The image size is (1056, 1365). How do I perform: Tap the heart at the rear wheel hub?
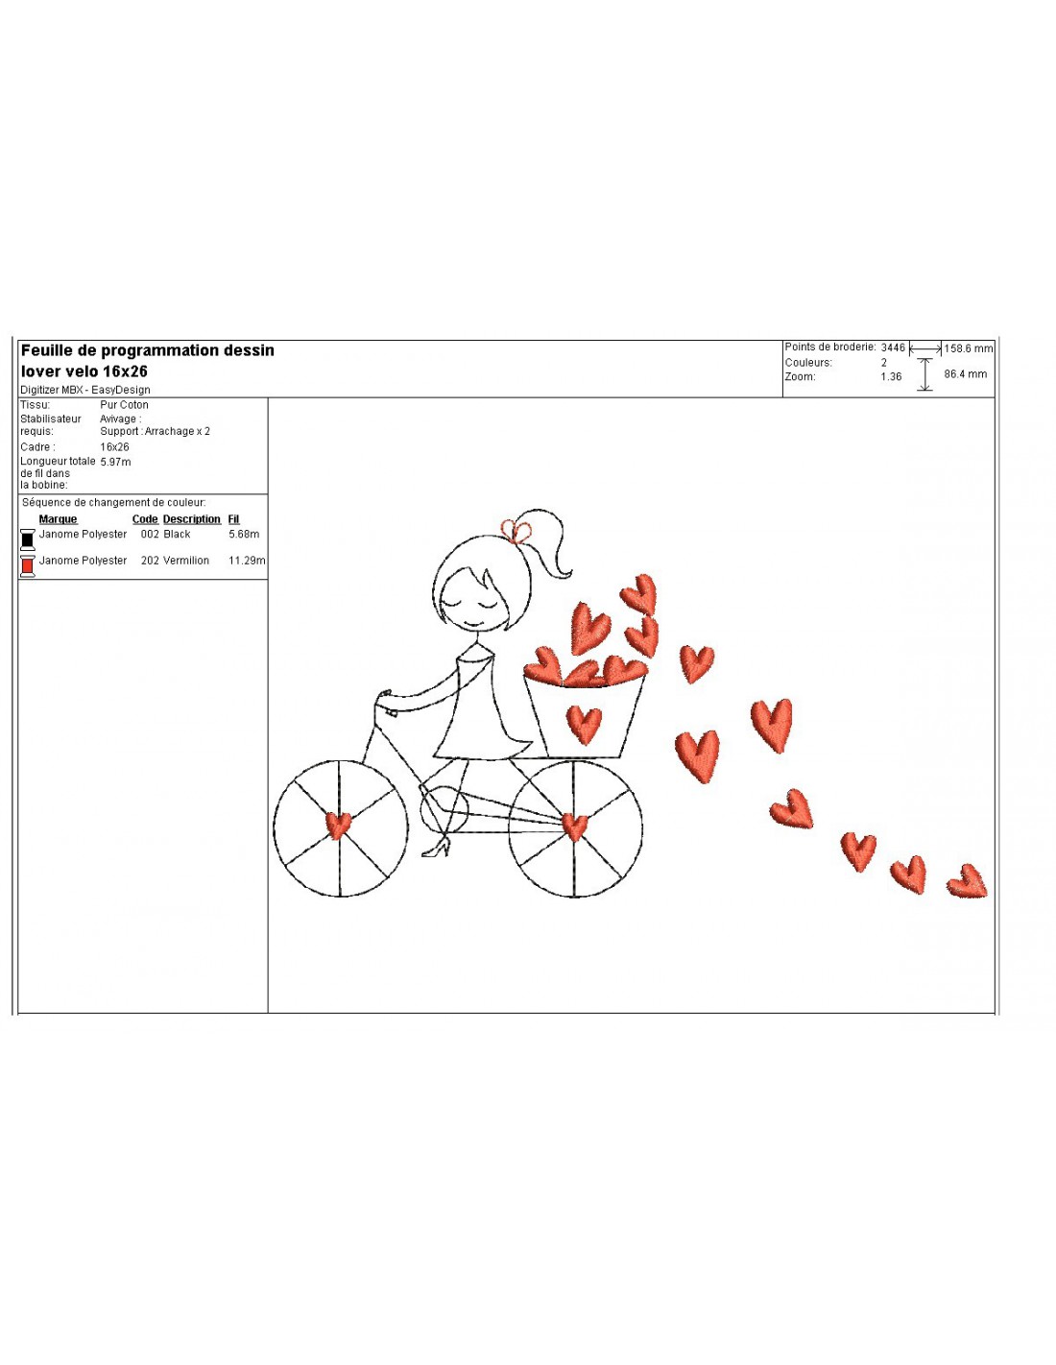coord(573,826)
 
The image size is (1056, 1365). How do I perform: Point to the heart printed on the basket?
coord(584,725)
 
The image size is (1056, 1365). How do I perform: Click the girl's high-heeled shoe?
coord(436,848)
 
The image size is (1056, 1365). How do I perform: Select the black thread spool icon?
coord(28,539)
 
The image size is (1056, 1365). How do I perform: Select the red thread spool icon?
coord(28,565)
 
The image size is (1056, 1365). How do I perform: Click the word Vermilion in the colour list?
coord(186,561)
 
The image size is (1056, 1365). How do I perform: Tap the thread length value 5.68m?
coord(244,534)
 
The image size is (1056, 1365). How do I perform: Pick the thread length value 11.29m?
coord(247,561)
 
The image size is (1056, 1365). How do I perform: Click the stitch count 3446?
coord(893,347)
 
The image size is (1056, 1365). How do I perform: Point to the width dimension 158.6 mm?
coord(968,348)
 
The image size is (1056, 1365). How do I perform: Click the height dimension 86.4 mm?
coord(966,373)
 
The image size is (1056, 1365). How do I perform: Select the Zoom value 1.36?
coord(891,376)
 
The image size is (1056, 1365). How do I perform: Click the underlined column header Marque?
coord(58,519)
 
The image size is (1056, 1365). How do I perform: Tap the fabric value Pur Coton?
coord(125,404)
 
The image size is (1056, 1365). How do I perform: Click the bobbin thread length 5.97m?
coord(115,462)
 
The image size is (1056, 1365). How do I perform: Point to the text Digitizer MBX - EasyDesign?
coord(85,390)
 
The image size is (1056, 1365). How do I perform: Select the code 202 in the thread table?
coord(150,561)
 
